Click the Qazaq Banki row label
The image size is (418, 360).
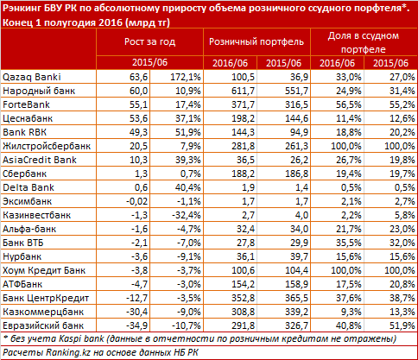tap(32, 77)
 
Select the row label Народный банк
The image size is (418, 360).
tap(39, 91)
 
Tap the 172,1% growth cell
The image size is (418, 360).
tap(186, 77)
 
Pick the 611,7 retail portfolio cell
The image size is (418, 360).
tap(243, 91)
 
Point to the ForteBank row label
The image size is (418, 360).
tap(26, 104)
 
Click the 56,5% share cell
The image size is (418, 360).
tap(348, 104)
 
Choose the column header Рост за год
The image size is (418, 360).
tap(149, 42)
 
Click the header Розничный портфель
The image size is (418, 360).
tap(256, 42)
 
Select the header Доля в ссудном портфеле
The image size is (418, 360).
tap(364, 42)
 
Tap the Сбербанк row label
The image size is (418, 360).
tap(24, 174)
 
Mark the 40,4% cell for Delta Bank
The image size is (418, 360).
tap(187, 187)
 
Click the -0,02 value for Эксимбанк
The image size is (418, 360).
tap(136, 201)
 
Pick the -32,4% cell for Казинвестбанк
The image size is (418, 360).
tap(186, 215)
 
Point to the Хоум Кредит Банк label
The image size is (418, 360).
tap(44, 270)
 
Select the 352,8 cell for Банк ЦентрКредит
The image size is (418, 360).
tap(243, 298)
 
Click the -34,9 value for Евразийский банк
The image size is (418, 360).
tap(136, 325)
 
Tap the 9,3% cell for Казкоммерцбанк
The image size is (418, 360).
tap(351, 312)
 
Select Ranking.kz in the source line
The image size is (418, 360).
tap(68, 352)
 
